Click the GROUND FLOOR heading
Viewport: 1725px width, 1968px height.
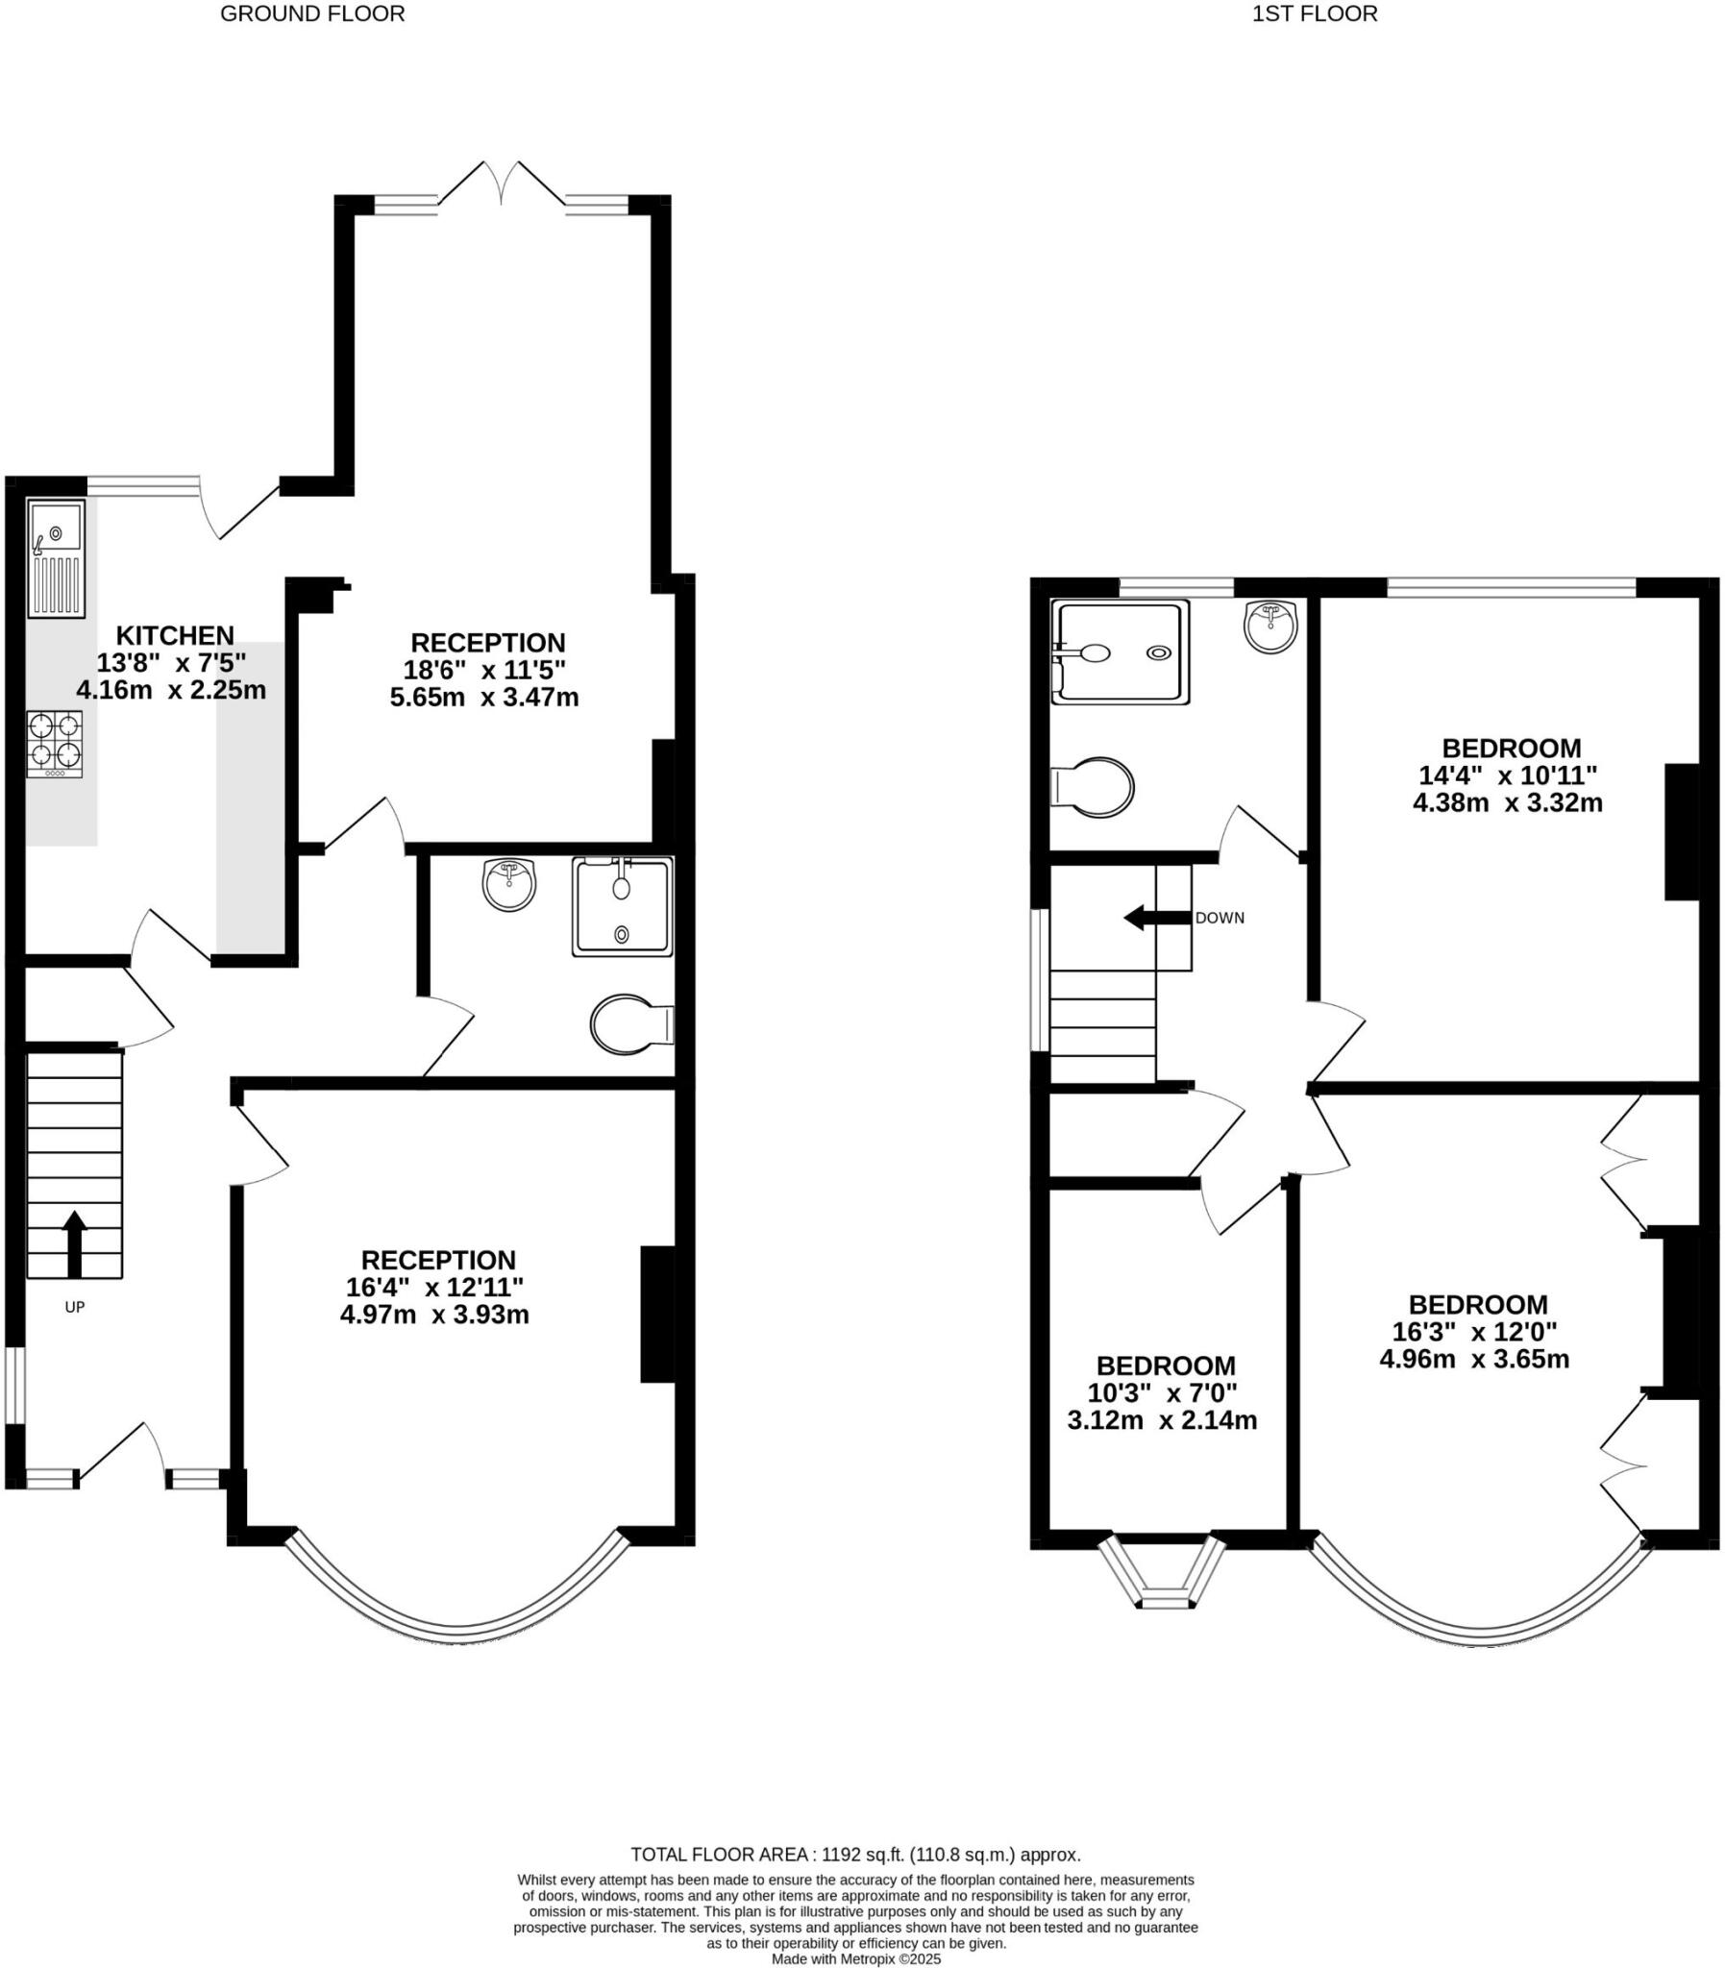point(312,13)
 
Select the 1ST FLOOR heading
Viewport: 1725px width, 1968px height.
point(1314,13)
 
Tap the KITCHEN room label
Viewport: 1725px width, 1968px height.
point(175,635)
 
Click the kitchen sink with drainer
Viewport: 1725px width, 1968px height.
point(56,557)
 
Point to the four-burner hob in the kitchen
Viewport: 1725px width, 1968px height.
point(55,743)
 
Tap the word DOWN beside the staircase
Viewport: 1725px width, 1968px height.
point(1220,918)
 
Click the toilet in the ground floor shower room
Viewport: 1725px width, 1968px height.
point(630,1024)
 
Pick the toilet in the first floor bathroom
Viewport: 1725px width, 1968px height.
point(1095,787)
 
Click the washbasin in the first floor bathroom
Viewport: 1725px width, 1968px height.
point(1270,626)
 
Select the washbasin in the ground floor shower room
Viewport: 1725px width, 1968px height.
point(508,883)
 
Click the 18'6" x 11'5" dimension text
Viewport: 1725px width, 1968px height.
point(484,670)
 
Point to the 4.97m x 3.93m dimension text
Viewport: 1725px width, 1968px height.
point(434,1315)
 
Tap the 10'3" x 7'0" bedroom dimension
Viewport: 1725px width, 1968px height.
point(1162,1392)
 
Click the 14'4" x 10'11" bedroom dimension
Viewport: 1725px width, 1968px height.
point(1508,775)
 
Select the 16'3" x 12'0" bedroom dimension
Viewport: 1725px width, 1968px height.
point(1475,1332)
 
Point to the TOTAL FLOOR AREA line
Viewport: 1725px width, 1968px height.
point(855,1855)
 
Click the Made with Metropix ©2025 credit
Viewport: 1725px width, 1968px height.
point(855,1958)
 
